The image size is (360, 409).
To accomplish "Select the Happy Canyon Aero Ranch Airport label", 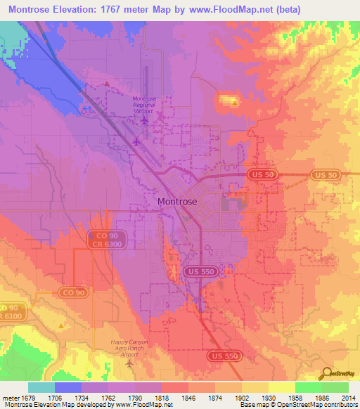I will [x=131, y=349].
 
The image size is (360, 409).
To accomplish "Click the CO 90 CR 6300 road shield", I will [x=103, y=240].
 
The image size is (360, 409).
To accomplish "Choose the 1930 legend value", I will [x=259, y=398].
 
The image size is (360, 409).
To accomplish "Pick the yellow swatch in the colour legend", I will [x=281, y=387].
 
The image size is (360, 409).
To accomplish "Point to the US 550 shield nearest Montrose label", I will [x=199, y=271].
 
